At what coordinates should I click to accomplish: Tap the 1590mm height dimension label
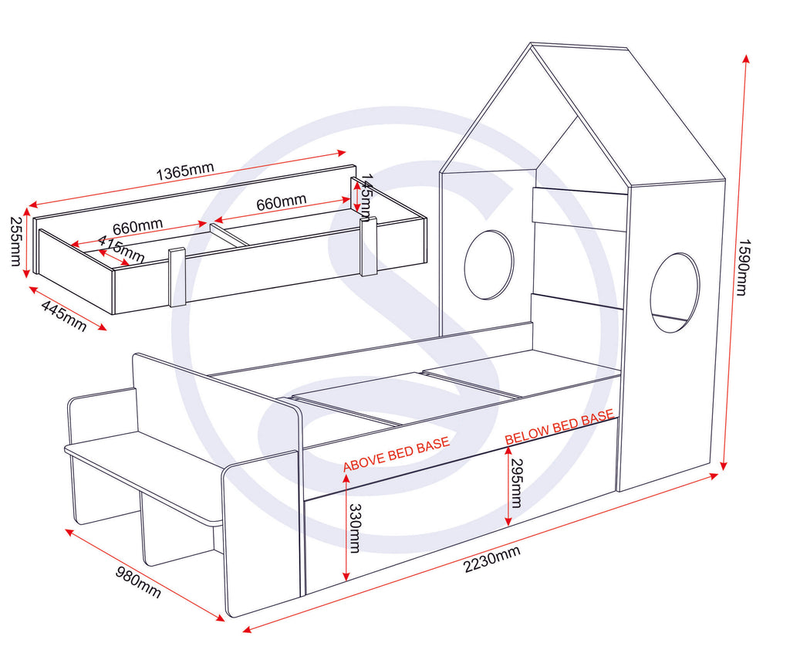tap(741, 267)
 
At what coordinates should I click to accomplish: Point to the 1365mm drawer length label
tap(185, 172)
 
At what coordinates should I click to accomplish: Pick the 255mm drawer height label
tap(15, 241)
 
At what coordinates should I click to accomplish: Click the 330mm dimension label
tap(355, 529)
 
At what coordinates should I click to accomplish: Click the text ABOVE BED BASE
tap(396, 455)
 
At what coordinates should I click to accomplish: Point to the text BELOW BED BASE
tap(559, 428)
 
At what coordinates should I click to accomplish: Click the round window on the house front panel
tap(488, 264)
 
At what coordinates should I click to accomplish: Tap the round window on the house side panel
tap(674, 293)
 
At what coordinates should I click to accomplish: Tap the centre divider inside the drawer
tap(230, 235)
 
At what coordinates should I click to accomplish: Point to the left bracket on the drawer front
tap(177, 277)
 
